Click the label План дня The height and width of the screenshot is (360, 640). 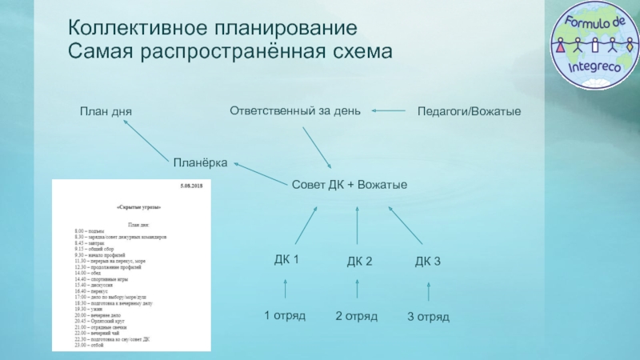pyautogui.click(x=105, y=111)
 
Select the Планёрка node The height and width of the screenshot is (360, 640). pyautogui.click(x=201, y=162)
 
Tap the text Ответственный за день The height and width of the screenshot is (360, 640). pyautogui.click(x=295, y=110)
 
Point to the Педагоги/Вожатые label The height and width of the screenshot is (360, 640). pyautogui.click(x=469, y=111)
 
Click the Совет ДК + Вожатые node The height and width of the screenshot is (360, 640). pyautogui.click(x=350, y=185)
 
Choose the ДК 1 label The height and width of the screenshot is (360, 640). pyautogui.click(x=286, y=259)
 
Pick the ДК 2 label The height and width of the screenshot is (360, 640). pyautogui.click(x=359, y=262)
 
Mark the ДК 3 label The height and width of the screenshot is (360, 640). pyautogui.click(x=428, y=261)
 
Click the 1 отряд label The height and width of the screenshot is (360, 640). pyautogui.click(x=285, y=315)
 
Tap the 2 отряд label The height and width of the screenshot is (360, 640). pyautogui.click(x=356, y=316)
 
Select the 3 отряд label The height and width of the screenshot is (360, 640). pyautogui.click(x=428, y=317)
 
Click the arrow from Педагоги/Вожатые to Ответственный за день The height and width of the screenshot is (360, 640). pyautogui.click(x=389, y=110)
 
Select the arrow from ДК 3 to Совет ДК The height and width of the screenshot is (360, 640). pyautogui.click(x=406, y=226)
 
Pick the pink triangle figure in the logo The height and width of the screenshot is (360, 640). pyautogui.click(x=560, y=42)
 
